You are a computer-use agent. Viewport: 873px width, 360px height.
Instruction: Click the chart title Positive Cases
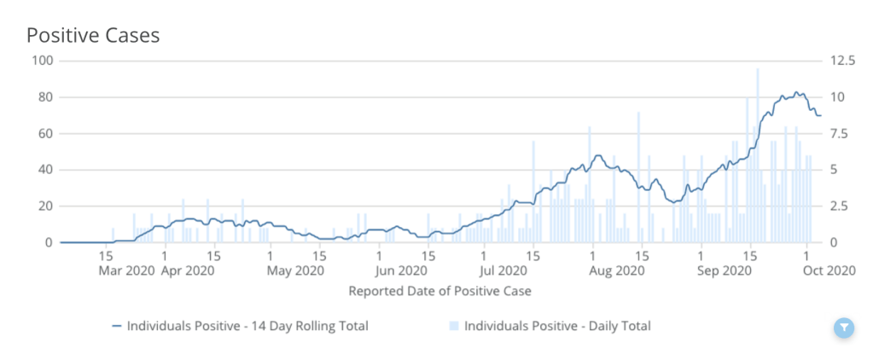[93, 36]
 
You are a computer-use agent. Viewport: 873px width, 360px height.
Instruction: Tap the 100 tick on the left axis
[42, 61]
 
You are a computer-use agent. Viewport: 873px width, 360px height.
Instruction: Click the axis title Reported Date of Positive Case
[439, 292]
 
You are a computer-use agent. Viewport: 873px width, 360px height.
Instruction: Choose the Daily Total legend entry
[550, 326]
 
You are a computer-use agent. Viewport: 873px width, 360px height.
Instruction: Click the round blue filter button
[843, 327]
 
